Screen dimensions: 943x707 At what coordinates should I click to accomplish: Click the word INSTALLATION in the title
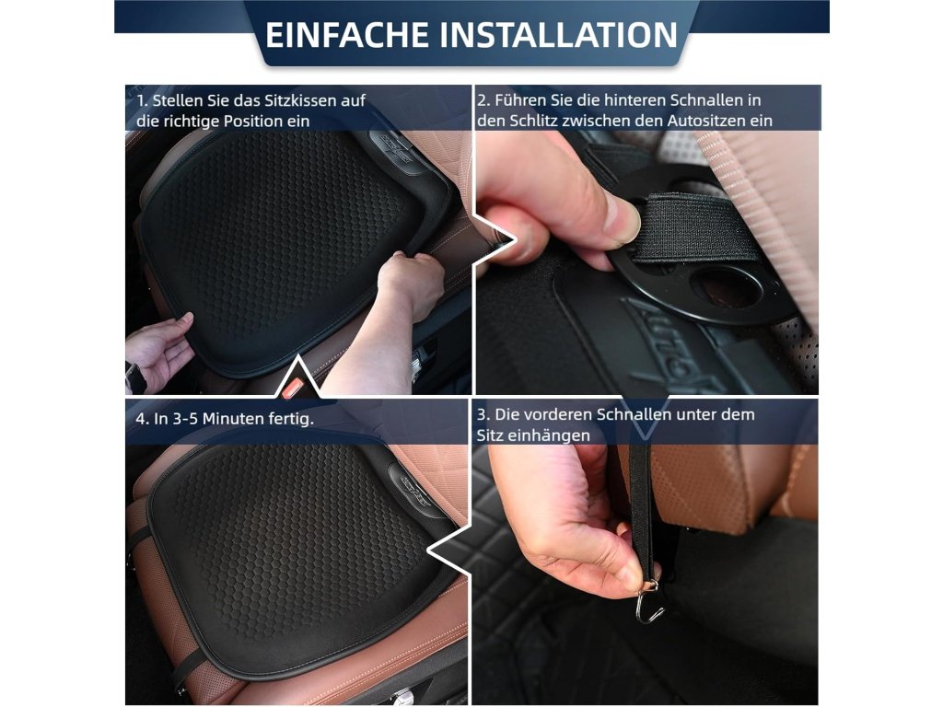click(x=559, y=34)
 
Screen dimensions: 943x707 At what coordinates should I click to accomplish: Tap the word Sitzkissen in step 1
click(x=300, y=100)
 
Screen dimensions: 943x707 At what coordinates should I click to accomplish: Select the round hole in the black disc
click(x=726, y=287)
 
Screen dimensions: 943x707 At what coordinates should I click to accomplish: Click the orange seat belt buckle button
click(x=293, y=388)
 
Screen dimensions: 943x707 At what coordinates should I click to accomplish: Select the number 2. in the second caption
click(x=484, y=100)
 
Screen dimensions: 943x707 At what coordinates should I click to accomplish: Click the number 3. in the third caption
click(x=484, y=415)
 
